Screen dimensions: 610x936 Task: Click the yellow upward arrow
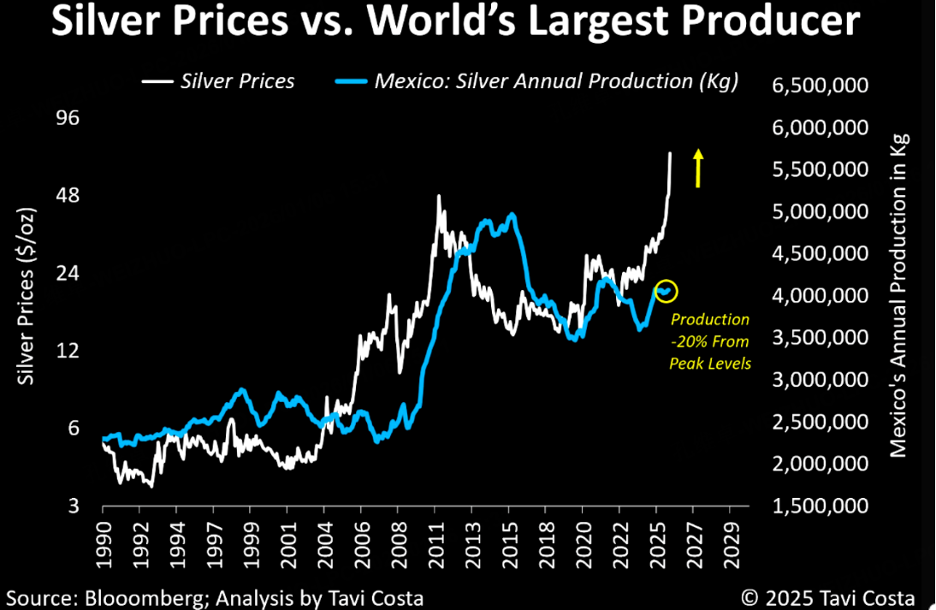[x=698, y=168]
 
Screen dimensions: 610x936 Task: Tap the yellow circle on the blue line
[x=666, y=291]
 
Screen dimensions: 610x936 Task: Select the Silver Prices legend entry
[x=218, y=81]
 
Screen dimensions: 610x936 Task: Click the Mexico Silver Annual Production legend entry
[x=534, y=81]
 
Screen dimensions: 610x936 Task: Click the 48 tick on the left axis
[x=67, y=195]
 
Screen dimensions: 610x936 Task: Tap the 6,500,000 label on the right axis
[x=820, y=86]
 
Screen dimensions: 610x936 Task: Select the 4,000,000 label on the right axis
[x=820, y=296]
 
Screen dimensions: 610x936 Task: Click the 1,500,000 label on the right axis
[x=820, y=506]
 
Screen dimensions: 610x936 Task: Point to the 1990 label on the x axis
[x=103, y=540]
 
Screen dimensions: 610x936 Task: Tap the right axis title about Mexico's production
[x=898, y=296]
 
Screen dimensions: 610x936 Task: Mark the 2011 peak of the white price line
[x=439, y=196]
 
